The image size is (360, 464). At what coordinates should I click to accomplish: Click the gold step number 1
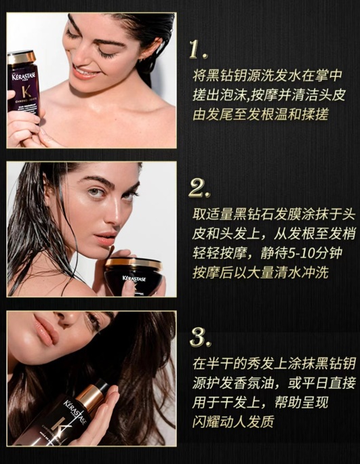pos(198,49)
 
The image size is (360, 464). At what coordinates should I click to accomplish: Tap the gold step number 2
pos(199,188)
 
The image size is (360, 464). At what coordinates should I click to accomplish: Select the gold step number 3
pos(200,337)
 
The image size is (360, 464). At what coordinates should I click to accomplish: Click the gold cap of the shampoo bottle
pos(22,58)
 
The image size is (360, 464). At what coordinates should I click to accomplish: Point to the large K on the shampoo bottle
pos(26,92)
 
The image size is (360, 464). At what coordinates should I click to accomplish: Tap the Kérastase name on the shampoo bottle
pos(24,77)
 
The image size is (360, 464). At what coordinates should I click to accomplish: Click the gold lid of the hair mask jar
pos(134,263)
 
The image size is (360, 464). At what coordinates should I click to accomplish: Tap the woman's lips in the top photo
pos(87,72)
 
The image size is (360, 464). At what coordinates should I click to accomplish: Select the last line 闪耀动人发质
pos(233,422)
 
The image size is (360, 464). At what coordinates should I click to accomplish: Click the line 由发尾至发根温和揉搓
pos(261,114)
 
